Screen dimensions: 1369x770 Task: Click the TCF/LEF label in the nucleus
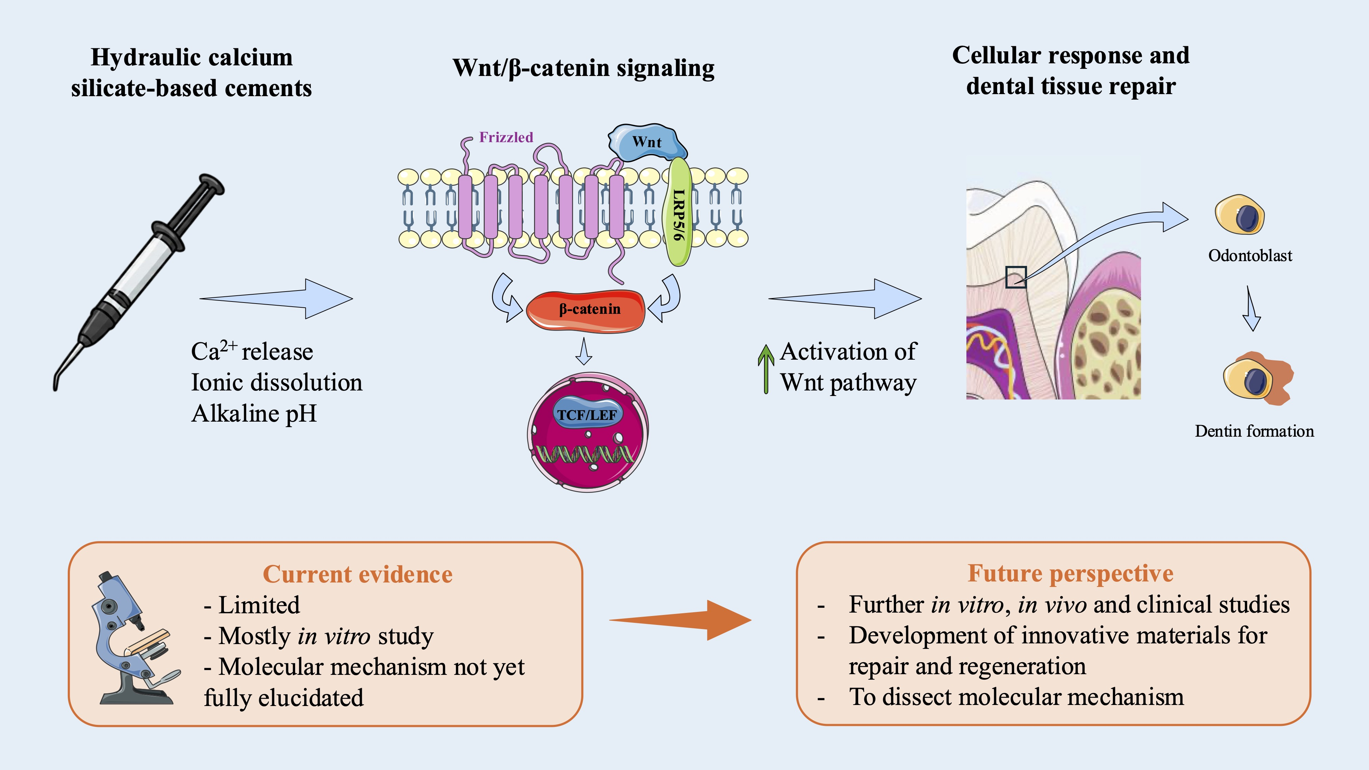[x=587, y=415]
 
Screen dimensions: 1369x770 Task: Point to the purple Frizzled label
[x=506, y=137]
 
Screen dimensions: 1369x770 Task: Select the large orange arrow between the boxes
[x=680, y=620]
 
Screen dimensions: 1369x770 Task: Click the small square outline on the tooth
[x=1016, y=277]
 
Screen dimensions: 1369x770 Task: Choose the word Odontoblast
[x=1250, y=256]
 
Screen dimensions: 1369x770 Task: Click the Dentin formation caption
[x=1254, y=431]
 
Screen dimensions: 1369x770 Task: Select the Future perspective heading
[x=1070, y=573]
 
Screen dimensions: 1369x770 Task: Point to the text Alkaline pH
[x=254, y=413]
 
